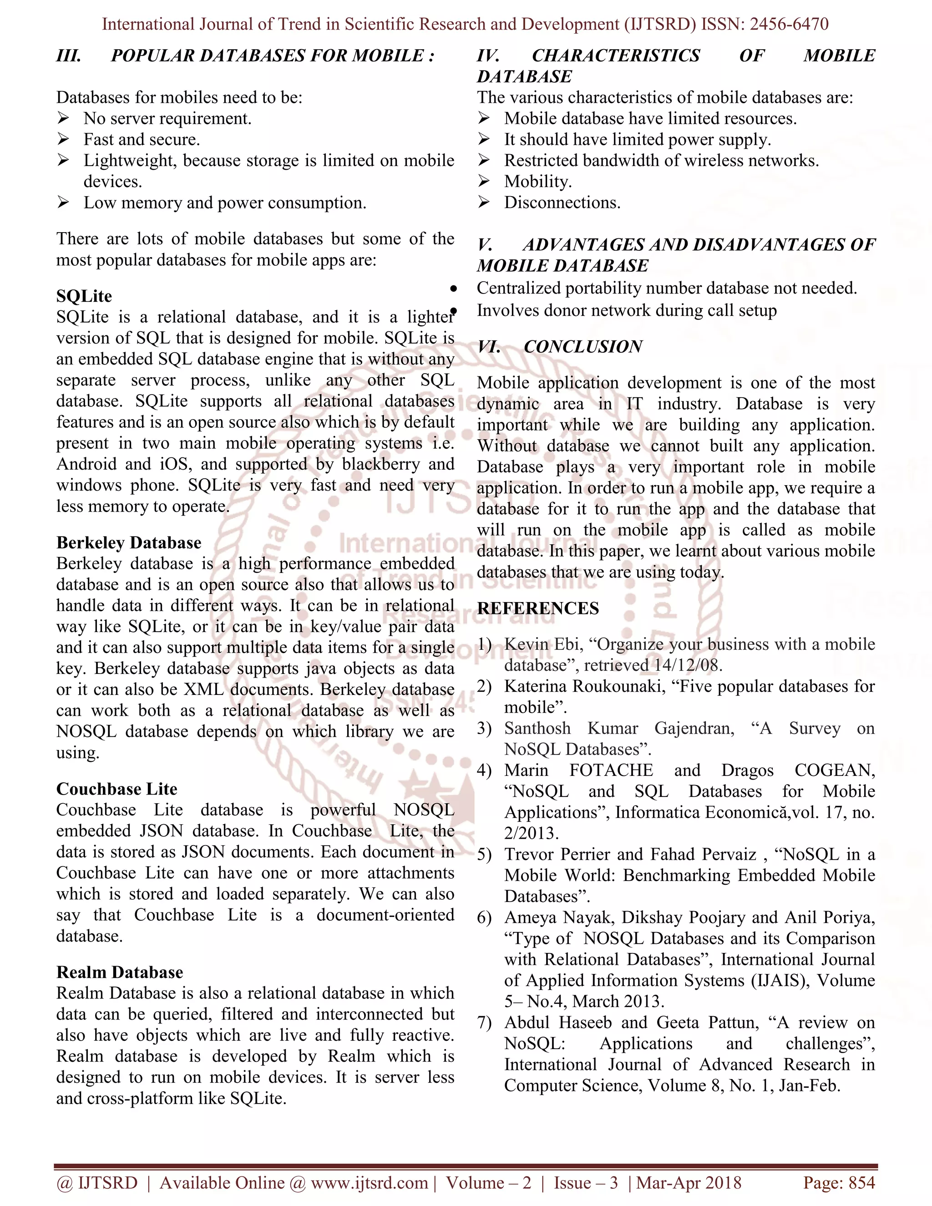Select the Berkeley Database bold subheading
click(x=129, y=542)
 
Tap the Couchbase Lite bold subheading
click(x=116, y=789)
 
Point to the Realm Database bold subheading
click(x=119, y=972)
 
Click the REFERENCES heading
click(x=538, y=608)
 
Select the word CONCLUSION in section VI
click(x=582, y=347)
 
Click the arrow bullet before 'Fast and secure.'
click(x=64, y=139)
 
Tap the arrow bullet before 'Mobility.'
click(x=484, y=181)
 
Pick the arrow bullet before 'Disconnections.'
click(x=484, y=202)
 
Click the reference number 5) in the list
click(x=484, y=854)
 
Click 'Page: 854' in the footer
click(x=839, y=1182)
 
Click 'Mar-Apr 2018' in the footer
click(x=689, y=1182)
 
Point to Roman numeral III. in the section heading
click(x=69, y=56)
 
